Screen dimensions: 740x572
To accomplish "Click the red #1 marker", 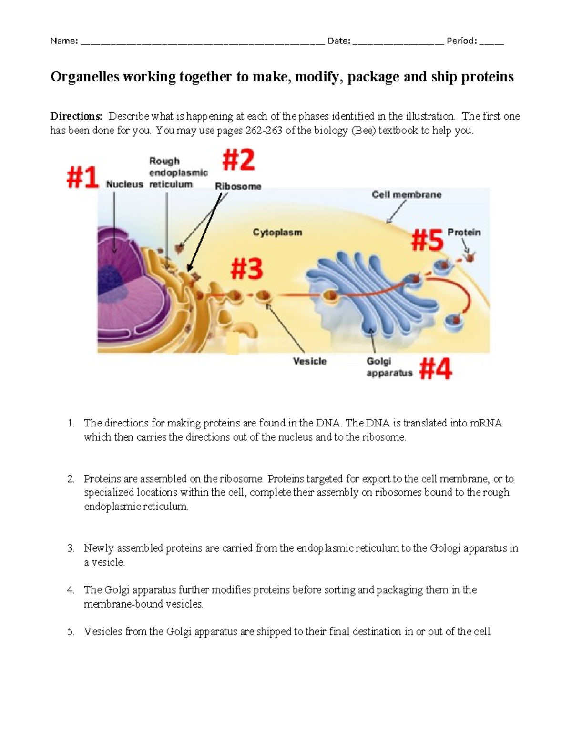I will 82,177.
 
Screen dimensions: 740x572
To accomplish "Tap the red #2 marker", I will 238,160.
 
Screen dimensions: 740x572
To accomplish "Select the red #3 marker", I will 246,269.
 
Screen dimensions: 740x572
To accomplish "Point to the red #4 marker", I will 435,369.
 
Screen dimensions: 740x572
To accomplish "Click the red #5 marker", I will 427,240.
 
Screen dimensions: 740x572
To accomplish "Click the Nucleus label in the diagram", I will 124,184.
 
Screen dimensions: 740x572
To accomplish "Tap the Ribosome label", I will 238,187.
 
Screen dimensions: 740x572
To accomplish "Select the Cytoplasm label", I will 277,233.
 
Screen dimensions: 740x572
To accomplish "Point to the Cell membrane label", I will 407,195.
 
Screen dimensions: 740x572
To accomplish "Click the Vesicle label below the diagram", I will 309,361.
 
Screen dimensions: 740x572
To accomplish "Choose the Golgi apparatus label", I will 389,367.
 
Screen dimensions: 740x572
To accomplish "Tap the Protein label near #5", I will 464,233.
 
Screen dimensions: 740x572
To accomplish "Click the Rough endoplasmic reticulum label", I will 178,172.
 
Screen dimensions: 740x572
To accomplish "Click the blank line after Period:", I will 491,42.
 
